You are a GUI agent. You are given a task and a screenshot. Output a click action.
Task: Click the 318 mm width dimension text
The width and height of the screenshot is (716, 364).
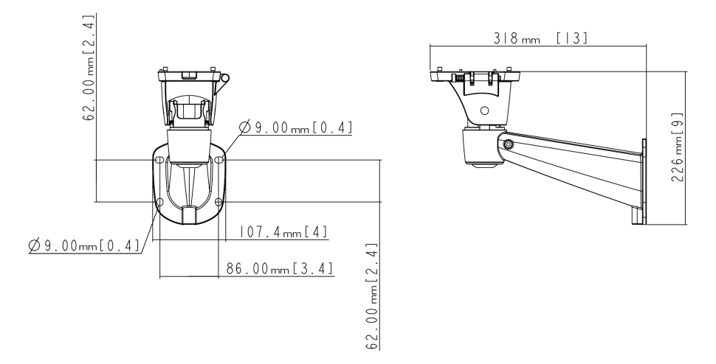point(517,38)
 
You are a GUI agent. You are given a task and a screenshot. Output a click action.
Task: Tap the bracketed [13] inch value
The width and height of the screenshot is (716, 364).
point(572,38)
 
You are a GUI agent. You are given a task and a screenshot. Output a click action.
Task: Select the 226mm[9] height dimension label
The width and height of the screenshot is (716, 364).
point(677,147)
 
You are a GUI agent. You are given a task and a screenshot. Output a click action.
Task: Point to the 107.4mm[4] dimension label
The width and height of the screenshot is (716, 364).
point(284,232)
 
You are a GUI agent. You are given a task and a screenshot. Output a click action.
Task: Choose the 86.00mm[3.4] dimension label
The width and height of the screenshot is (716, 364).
point(280,269)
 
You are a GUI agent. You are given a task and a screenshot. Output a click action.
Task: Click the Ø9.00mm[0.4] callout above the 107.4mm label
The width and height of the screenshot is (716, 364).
point(296,127)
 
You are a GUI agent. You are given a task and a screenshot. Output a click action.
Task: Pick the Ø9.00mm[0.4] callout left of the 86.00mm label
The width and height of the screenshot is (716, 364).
point(84,245)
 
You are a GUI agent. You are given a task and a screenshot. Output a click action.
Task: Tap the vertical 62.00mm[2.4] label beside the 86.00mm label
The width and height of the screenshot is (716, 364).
point(372,296)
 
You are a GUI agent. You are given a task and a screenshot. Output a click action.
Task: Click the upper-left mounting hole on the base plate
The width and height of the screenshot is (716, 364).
point(159,161)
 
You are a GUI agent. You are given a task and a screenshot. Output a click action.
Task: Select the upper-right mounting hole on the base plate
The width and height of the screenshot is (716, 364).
point(219,161)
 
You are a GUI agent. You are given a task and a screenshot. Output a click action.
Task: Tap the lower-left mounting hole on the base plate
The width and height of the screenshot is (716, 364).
point(159,201)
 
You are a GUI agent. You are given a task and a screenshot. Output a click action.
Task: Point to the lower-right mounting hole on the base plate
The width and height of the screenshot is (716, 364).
point(218,201)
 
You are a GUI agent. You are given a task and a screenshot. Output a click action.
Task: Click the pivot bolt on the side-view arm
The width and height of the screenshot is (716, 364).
point(507,144)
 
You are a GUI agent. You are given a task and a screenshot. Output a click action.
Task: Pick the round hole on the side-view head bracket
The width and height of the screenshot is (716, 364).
point(484,111)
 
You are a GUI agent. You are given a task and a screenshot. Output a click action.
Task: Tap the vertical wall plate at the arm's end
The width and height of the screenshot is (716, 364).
point(644,181)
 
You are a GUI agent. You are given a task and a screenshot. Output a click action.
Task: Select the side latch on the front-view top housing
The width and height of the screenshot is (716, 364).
point(223,83)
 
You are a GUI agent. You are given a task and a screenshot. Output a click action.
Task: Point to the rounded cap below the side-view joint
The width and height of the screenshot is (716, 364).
point(483,165)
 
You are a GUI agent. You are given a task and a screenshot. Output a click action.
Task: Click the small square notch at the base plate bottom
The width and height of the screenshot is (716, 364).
point(189,214)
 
